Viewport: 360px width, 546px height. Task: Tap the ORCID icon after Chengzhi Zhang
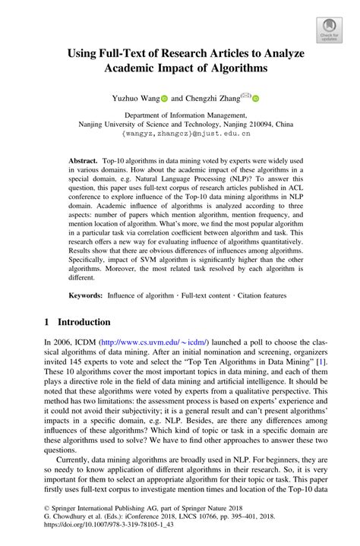[x=255, y=98]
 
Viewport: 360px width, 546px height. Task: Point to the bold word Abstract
[x=83, y=162]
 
